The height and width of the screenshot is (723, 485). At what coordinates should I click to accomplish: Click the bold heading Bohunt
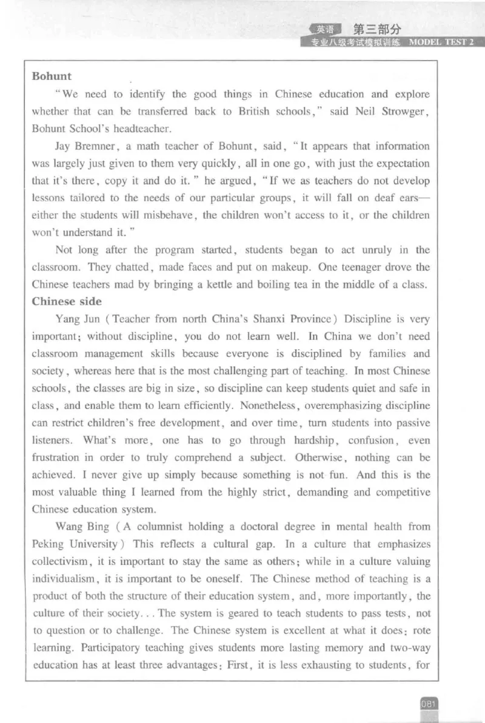coord(52,76)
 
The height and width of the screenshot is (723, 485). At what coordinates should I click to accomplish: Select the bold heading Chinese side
coord(67,301)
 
